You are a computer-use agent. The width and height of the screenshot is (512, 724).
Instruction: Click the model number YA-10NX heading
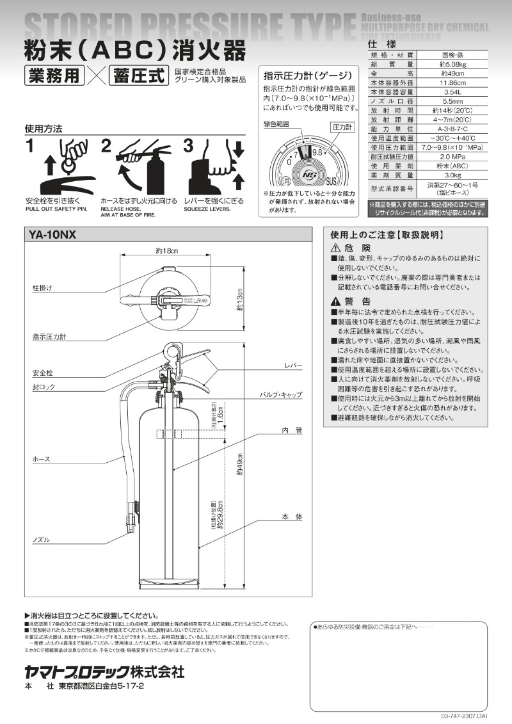[x=53, y=236]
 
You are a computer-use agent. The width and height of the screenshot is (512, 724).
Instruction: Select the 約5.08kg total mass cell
[x=452, y=64]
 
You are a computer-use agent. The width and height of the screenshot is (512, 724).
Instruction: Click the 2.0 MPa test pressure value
[x=452, y=156]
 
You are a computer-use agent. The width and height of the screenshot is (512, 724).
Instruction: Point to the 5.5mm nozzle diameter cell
[x=452, y=101]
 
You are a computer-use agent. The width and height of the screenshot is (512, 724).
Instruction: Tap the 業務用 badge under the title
[x=54, y=76]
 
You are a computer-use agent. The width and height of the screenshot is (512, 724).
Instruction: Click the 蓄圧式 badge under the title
[x=138, y=76]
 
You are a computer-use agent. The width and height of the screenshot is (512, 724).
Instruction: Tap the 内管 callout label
[x=292, y=431]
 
